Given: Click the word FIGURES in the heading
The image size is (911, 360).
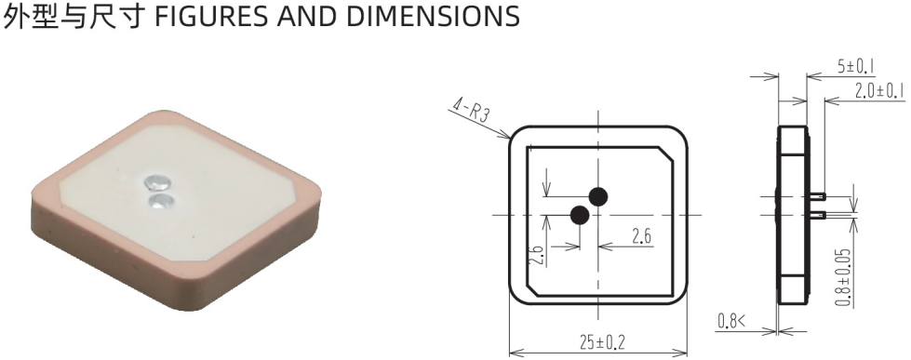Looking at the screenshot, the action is coord(212,16).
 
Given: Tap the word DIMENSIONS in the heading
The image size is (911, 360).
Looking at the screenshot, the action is coord(433,16).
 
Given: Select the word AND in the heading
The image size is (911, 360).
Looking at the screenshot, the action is coord(308,16).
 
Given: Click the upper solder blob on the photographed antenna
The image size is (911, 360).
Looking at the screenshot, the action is coord(157,182).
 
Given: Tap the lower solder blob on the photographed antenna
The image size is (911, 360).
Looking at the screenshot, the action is coord(161,201).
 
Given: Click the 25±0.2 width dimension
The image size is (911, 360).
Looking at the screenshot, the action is coord(602,342).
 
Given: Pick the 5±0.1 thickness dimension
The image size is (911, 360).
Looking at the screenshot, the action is coord(856,67).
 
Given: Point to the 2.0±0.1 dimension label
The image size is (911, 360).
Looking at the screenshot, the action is coord(879,90).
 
